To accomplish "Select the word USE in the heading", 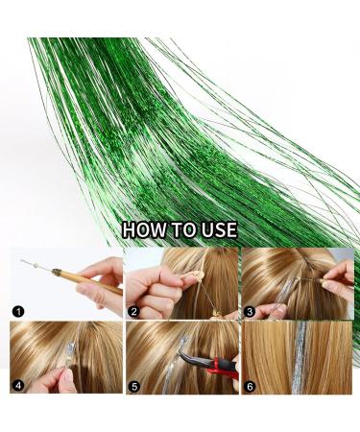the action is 219,229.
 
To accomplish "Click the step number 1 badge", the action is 18,311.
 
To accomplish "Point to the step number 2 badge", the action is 133,311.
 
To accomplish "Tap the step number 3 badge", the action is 250,311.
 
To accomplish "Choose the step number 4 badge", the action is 18,386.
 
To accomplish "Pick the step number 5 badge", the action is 133,387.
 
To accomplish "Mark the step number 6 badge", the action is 250,387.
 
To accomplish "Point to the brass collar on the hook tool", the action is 57,272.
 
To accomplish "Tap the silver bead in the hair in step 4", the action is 71,348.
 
